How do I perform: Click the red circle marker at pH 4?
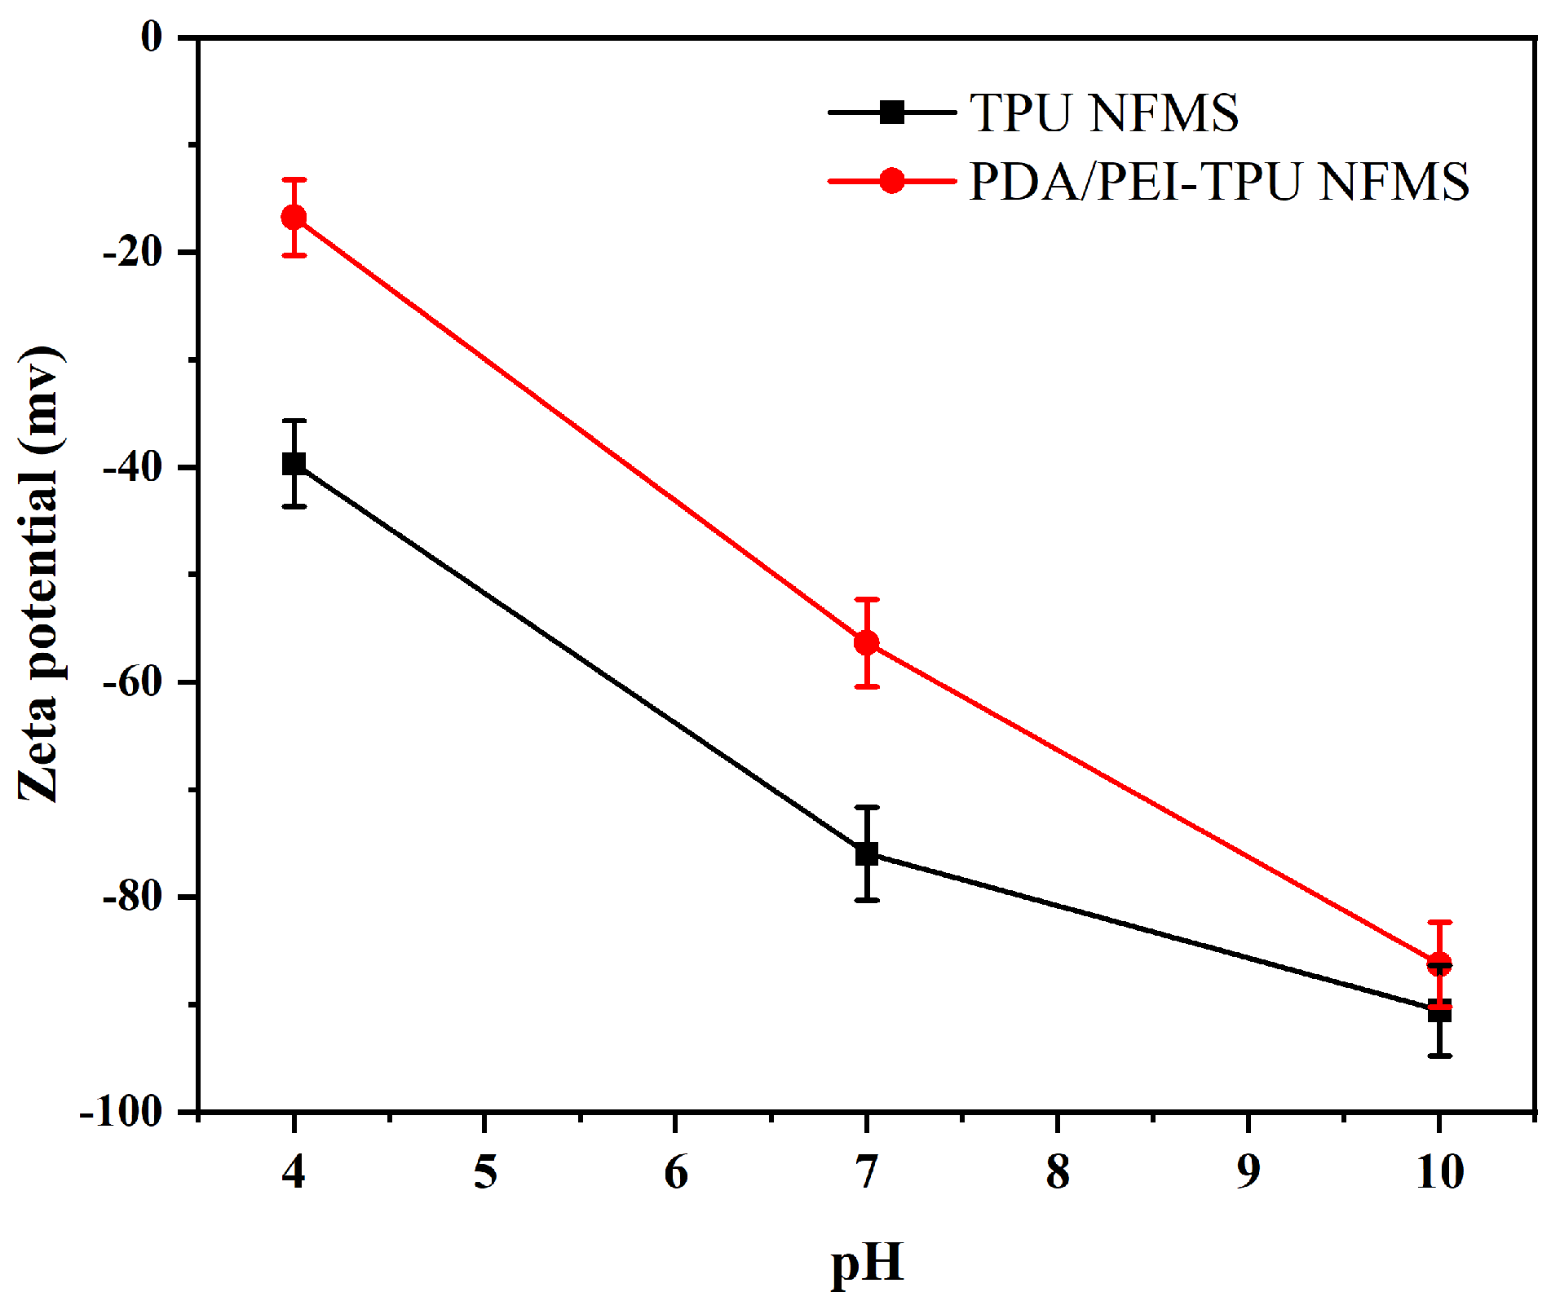(x=294, y=217)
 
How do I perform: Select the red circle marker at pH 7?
(x=866, y=642)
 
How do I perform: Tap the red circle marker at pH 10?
(x=1439, y=964)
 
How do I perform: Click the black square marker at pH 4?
(x=294, y=464)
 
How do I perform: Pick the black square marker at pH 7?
(x=866, y=853)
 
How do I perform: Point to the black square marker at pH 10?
(x=1439, y=1012)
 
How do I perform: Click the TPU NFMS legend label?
(x=1104, y=112)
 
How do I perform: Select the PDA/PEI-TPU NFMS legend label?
(x=1218, y=181)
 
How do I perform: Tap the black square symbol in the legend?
(x=892, y=112)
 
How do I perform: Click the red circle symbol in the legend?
(x=892, y=180)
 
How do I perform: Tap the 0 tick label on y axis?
(x=152, y=37)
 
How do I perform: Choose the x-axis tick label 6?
(x=675, y=1172)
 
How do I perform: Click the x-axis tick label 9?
(x=1248, y=1172)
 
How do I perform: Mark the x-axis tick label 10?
(x=1439, y=1172)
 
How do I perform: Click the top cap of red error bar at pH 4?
(x=294, y=179)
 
